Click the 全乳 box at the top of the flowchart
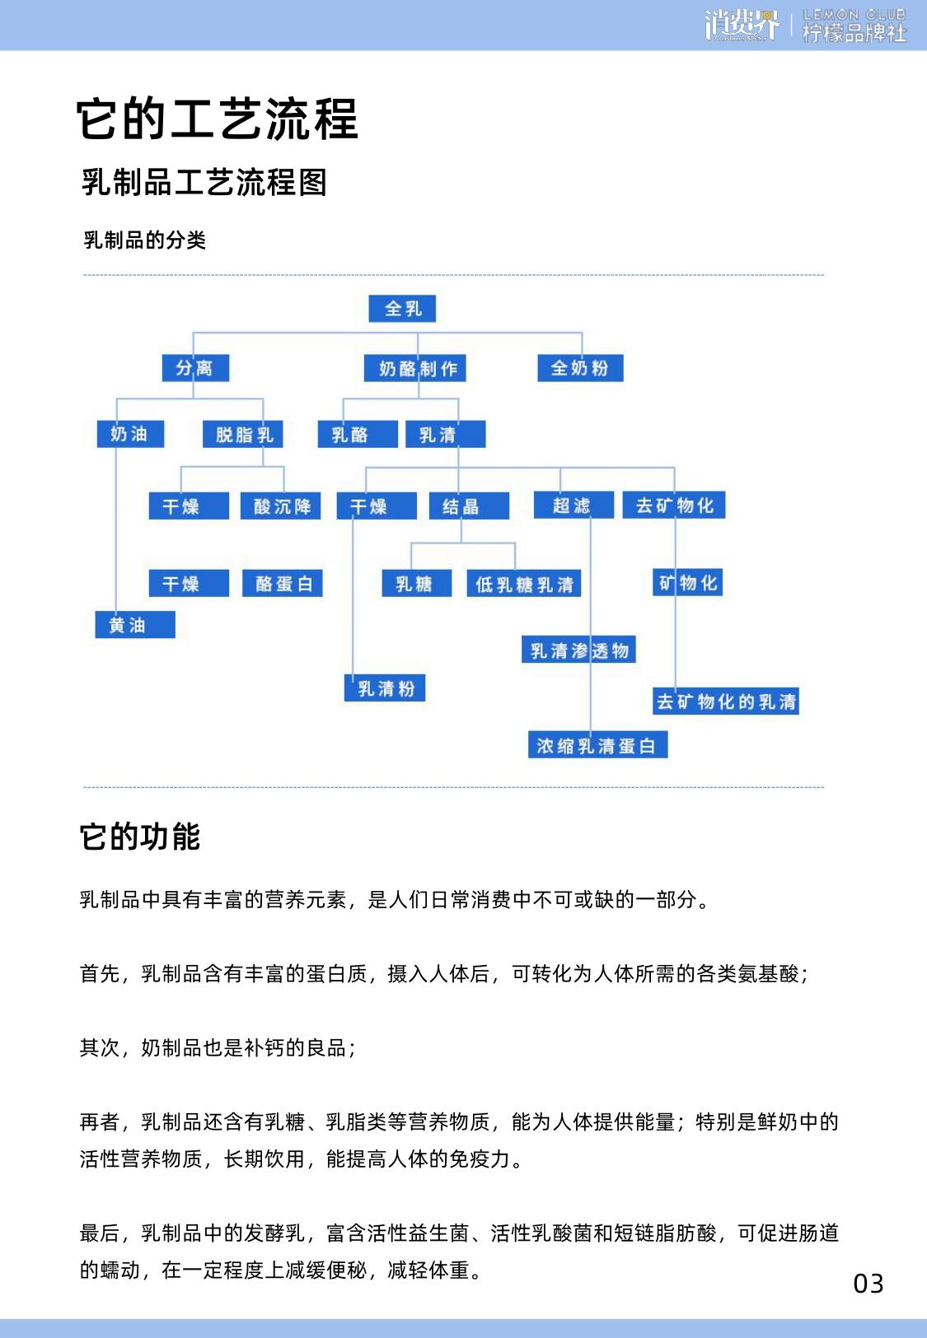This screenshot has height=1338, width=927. click(401, 308)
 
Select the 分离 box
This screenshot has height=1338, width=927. click(195, 367)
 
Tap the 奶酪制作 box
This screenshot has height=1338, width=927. click(414, 368)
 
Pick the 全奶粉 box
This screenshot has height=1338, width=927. click(580, 367)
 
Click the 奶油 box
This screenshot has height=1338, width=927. click(130, 434)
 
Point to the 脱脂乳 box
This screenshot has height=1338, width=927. click(242, 434)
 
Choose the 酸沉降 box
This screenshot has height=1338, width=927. click(280, 506)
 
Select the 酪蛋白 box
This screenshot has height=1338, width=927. click(282, 583)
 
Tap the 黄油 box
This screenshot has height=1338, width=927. click(135, 624)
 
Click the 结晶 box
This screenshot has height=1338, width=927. click(469, 506)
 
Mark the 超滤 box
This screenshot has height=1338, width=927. click(574, 505)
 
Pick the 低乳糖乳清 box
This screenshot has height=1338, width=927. click(523, 583)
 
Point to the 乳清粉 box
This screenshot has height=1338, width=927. click(385, 688)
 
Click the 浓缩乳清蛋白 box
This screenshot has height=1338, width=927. click(597, 744)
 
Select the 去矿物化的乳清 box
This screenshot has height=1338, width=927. click(726, 701)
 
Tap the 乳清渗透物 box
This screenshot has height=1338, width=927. click(578, 650)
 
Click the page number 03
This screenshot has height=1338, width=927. click(868, 1283)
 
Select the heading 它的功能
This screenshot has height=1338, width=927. click(140, 836)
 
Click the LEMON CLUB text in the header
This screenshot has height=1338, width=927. click(854, 14)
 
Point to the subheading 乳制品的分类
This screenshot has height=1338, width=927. click(145, 240)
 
